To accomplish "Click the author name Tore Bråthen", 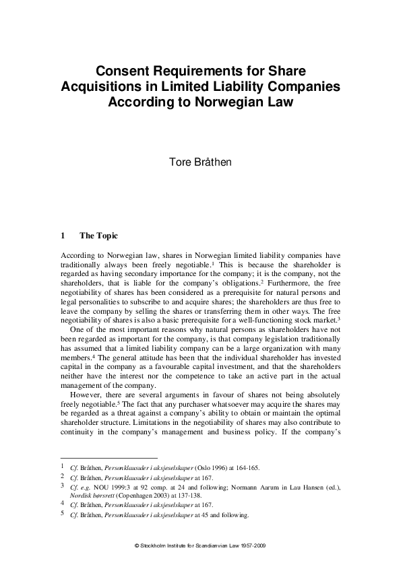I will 200,162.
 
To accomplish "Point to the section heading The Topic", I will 98,236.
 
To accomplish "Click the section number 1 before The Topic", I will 63,236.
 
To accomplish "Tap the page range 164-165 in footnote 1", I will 245,467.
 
